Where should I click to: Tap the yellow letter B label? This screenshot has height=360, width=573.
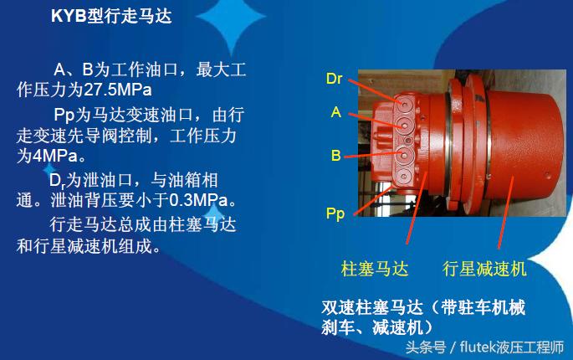335,156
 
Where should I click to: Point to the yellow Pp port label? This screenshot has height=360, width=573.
335,213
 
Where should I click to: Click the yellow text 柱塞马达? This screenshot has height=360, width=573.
375,269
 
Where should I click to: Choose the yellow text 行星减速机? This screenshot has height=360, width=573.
484,269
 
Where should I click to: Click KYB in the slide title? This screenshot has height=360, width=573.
68,16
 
